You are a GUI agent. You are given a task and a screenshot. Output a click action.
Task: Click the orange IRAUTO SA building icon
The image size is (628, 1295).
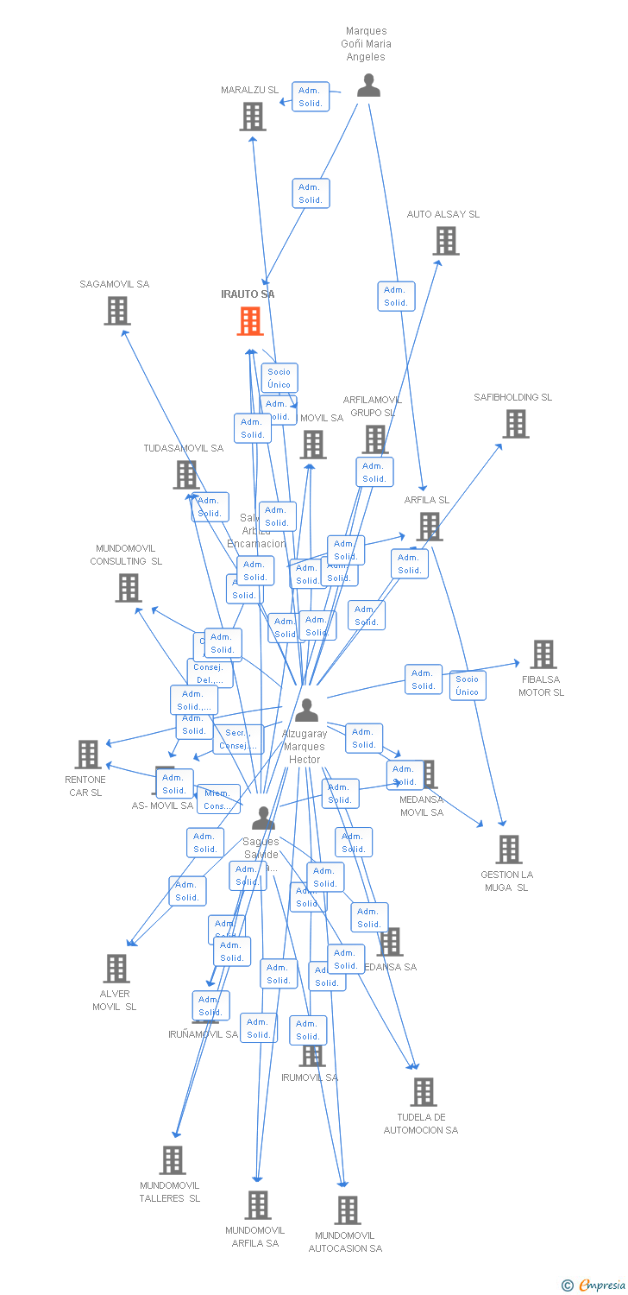coord(250,321)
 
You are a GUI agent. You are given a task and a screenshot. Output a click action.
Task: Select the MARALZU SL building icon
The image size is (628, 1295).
coord(252,117)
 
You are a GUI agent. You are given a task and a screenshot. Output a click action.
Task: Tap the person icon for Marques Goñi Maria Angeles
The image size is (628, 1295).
coord(368,85)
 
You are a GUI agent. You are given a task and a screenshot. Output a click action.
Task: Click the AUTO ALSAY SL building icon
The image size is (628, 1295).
coord(445,241)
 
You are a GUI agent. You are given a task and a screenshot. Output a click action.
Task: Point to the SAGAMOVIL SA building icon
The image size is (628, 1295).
coord(117,311)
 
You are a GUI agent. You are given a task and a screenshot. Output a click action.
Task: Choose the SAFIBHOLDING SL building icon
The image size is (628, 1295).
coord(516,424)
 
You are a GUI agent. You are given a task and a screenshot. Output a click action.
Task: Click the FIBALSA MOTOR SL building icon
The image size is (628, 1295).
coord(543,654)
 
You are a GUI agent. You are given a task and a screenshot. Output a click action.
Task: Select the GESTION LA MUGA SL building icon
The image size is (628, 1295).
coord(508,850)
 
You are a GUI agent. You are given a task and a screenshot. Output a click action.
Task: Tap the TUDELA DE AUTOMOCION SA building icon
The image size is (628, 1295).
coord(423,1092)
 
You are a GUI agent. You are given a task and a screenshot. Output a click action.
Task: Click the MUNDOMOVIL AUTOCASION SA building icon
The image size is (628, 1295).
coord(347,1210)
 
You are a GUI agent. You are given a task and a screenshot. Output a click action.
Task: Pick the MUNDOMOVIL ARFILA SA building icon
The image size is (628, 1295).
coord(257,1205)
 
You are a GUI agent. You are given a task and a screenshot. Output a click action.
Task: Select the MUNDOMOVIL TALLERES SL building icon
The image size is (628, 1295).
coord(173,1160)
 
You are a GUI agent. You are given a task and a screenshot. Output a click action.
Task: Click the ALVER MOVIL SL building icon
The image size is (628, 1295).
coord(116,969)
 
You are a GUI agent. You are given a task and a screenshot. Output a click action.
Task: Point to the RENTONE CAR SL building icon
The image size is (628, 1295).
coord(87,755)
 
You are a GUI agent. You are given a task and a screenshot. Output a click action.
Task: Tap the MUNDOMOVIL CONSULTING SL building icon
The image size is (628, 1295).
coord(128,588)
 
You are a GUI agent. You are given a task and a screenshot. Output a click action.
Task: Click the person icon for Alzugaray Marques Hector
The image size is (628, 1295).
coord(306,711)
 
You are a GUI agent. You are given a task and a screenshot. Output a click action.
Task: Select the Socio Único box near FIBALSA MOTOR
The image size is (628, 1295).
coord(467,685)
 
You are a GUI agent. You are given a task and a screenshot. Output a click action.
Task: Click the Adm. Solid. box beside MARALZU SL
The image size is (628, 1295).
coord(310,97)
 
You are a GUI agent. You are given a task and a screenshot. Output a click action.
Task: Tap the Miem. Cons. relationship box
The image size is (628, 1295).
coord(217,799)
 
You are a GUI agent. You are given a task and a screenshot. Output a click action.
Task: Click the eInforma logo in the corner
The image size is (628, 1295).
coord(593,1286)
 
